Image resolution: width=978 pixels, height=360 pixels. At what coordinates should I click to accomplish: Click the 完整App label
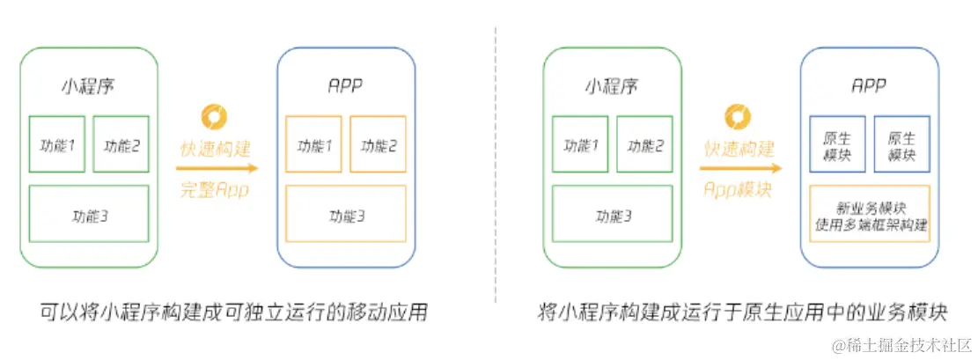coord(215,189)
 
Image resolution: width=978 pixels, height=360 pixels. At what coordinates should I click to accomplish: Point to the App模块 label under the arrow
coord(738,189)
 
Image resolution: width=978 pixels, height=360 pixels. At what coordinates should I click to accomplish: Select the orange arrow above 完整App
coord(217,168)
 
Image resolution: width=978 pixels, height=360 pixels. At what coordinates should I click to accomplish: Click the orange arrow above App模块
coord(740,168)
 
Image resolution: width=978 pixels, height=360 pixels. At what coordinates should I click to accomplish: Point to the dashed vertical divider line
coord(496,165)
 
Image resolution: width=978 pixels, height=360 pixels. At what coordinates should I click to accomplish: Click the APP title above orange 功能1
coord(346,86)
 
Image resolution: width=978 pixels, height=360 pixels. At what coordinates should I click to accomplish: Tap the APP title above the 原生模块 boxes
coord(869,86)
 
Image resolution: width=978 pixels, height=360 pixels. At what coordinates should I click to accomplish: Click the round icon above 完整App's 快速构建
coord(214,117)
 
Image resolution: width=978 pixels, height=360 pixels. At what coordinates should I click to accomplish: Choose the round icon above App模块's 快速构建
coord(738,117)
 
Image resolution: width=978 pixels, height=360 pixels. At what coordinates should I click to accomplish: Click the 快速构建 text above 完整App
coord(215,150)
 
